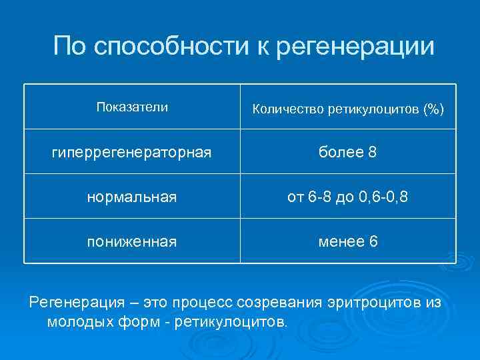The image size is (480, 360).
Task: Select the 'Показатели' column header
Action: coord(132,107)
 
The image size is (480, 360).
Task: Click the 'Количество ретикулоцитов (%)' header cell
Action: coord(347,109)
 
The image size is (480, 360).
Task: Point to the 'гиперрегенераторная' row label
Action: coord(132,153)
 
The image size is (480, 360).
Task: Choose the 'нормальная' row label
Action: coord(132,197)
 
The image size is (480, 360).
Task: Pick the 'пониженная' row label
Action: coord(132,241)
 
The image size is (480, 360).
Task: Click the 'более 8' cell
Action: coord(347,153)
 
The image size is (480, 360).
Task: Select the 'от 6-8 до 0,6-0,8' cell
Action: coord(347,197)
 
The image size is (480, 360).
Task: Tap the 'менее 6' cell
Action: coord(347,241)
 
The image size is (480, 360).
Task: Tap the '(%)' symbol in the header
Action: coord(433,109)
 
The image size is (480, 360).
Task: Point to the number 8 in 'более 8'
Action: coord(372,153)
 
